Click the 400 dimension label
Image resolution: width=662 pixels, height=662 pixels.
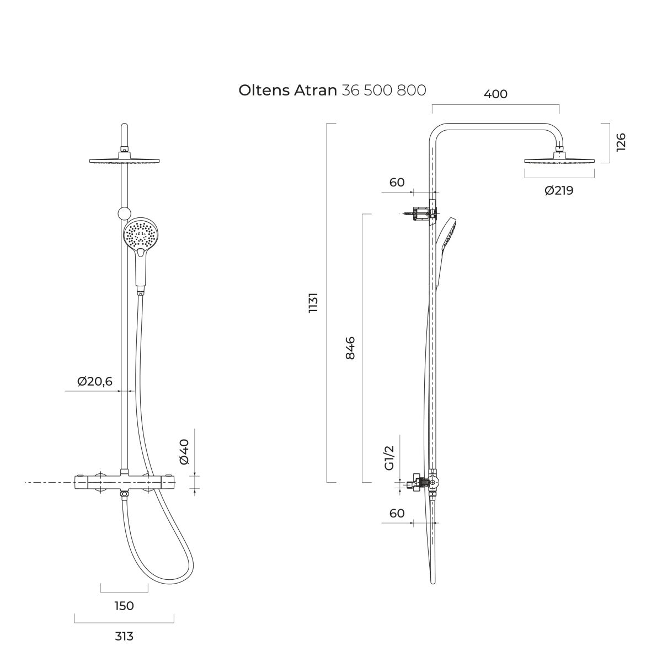495,94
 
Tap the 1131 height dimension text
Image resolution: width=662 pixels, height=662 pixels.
313,302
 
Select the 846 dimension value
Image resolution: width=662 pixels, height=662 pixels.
350,348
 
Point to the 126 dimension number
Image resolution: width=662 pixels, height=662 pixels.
621,142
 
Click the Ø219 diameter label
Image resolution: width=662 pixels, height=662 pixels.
559,190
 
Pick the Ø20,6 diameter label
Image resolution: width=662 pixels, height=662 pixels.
95,381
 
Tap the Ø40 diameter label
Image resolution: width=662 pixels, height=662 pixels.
184,452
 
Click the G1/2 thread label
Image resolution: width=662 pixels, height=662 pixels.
389,458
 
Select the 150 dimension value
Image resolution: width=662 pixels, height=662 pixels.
124,606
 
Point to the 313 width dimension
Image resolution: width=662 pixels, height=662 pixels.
124,636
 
